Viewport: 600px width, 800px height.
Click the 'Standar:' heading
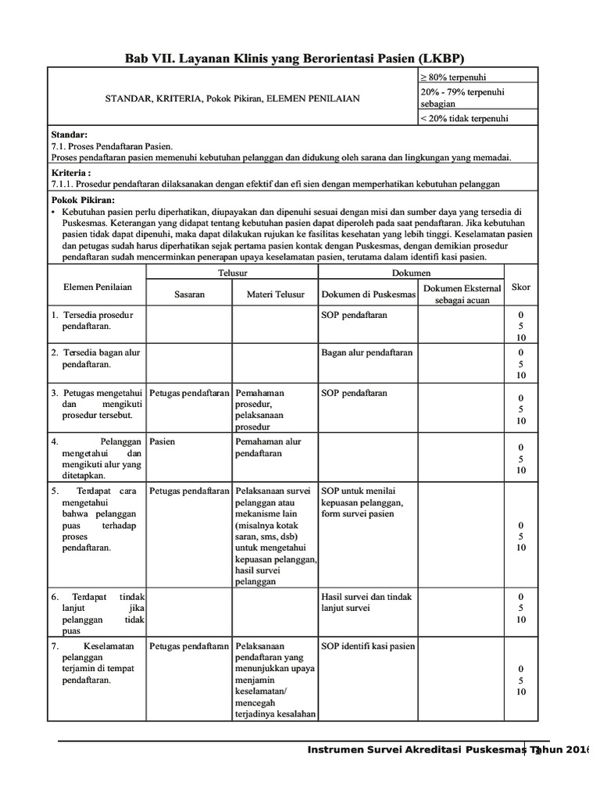(69, 135)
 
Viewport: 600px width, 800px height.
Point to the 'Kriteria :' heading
(70, 172)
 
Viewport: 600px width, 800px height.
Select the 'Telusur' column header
(231, 273)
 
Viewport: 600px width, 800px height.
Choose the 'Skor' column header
(520, 287)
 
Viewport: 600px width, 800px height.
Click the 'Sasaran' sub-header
(189, 295)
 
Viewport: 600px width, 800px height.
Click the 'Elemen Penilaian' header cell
(98, 287)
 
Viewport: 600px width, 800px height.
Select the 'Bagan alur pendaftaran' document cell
(367, 352)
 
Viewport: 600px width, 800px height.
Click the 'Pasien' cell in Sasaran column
(162, 441)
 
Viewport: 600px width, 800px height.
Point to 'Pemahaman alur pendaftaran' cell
(268, 447)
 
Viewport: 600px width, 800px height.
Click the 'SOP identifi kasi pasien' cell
(368, 646)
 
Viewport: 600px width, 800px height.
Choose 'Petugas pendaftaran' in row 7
(189, 646)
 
